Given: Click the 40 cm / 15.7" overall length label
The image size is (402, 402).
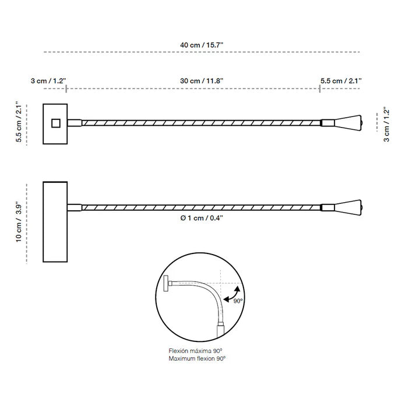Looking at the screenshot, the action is coord(202,45).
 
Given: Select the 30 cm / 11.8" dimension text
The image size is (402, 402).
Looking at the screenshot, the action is coord(202,81).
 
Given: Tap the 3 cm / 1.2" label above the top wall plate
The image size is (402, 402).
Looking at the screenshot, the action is coord(48,81).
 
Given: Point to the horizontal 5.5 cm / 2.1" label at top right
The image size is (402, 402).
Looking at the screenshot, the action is coord(341,81).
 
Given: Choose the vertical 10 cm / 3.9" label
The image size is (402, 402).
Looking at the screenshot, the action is coord(19,222).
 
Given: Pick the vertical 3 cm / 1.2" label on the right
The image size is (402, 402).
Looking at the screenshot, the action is coord(386,125).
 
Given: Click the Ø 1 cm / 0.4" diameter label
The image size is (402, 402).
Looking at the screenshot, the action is coord(202,218).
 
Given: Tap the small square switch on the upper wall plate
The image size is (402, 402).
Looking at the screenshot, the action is coord(56,123).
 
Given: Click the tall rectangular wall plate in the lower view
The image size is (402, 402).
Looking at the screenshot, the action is coord(55,222).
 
